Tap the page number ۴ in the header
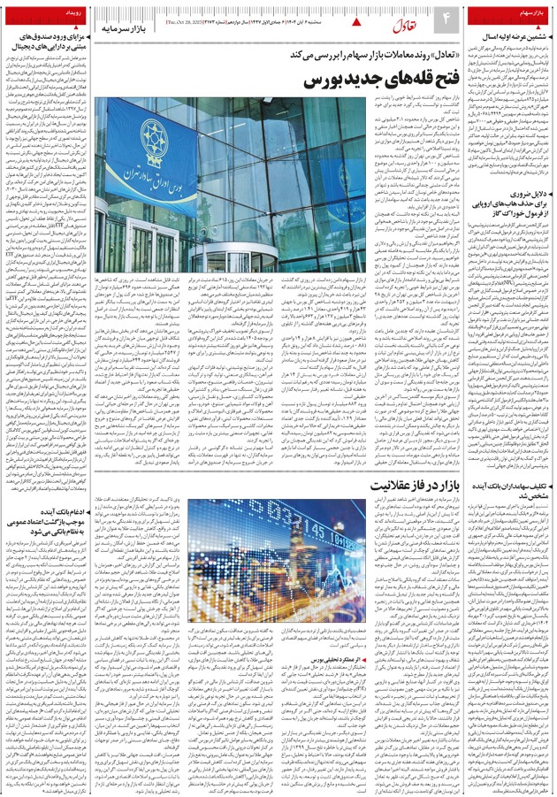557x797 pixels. (x=446, y=19)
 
